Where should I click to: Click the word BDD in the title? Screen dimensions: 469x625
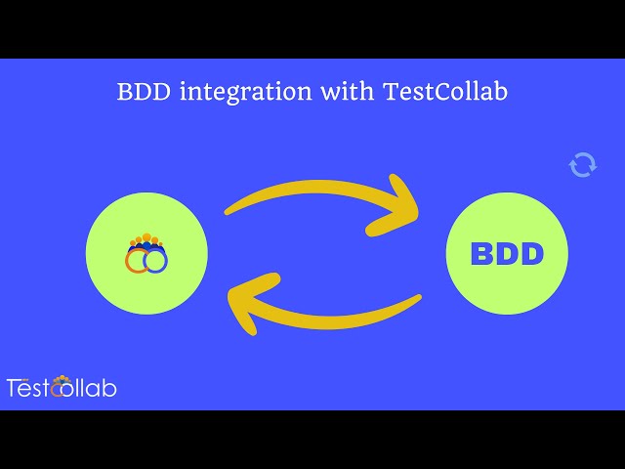coord(144,92)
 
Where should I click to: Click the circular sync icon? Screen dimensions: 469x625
coord(583,164)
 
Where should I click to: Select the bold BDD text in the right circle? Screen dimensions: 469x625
coord(507,255)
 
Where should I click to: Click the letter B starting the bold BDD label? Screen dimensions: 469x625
coord(483,255)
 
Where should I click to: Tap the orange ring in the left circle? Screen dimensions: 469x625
coord(138,260)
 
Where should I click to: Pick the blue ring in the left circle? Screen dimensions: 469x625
coord(155,261)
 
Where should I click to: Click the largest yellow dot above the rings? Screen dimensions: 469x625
coord(146,237)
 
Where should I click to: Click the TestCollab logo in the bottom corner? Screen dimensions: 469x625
coord(62,387)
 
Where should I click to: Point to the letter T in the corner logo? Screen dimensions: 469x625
coord(14,388)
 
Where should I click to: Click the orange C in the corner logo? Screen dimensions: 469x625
coord(62,388)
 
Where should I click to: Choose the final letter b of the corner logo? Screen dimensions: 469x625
coord(109,388)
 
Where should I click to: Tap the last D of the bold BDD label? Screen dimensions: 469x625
coord(531,255)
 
